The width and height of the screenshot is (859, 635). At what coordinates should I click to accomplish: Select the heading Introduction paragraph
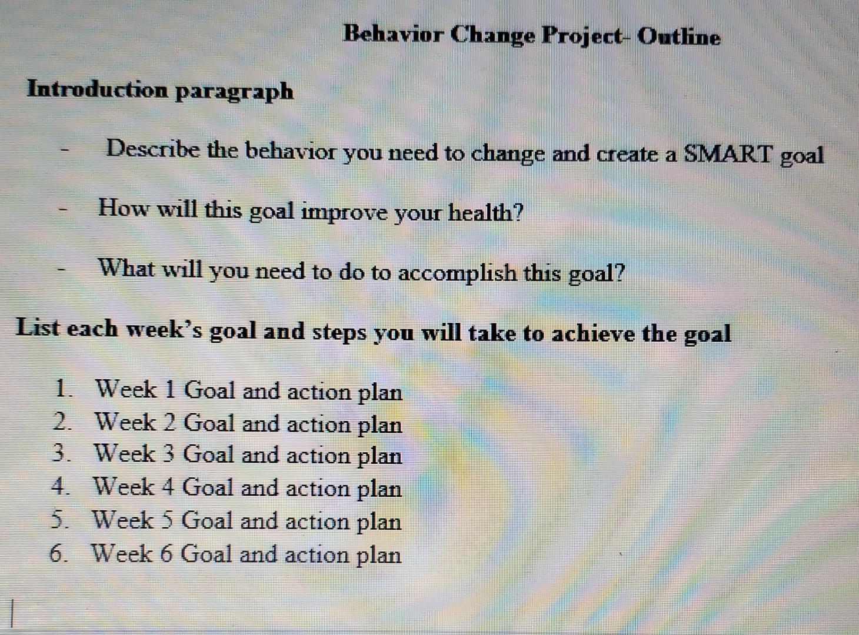(160, 91)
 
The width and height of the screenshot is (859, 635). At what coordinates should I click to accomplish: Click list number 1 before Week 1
(61, 389)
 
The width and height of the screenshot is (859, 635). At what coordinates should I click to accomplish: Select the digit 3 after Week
(166, 454)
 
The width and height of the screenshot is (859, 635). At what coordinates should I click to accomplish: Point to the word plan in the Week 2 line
(380, 425)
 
